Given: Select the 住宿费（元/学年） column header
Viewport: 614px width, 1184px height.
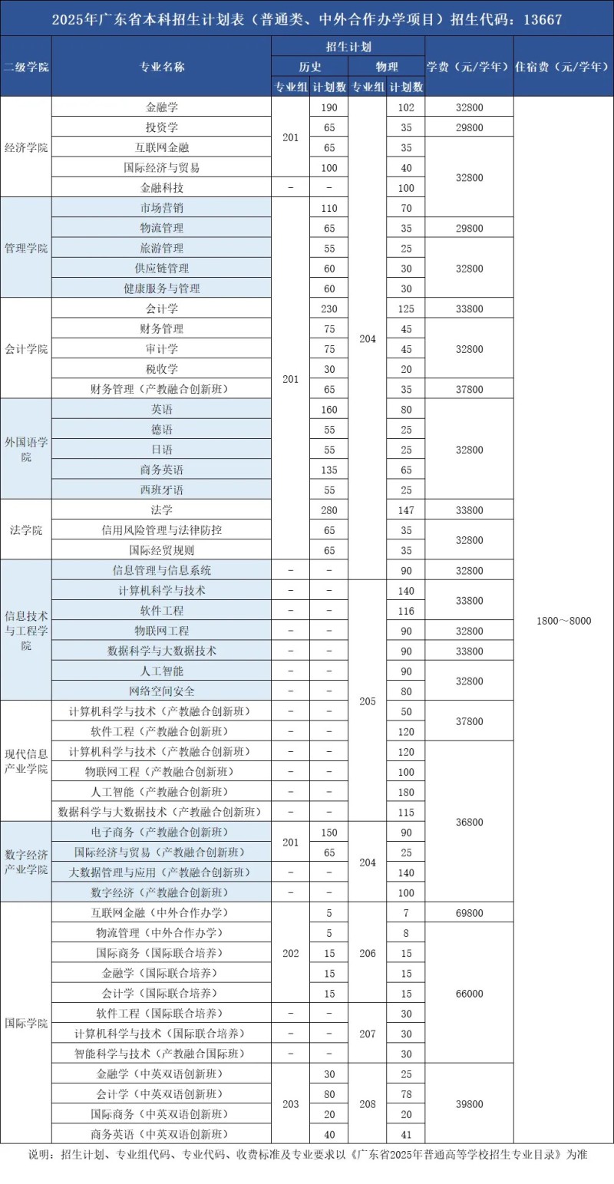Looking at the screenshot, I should click(x=563, y=66).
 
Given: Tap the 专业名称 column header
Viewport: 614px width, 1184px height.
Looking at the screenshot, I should click(x=162, y=66).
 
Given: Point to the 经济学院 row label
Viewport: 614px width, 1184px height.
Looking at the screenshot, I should click(x=26, y=147).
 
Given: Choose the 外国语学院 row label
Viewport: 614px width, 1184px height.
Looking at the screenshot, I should click(x=26, y=449).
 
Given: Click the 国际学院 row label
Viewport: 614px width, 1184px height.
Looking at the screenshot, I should click(x=26, y=1023).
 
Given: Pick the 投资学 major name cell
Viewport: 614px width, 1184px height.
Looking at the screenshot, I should click(x=162, y=127).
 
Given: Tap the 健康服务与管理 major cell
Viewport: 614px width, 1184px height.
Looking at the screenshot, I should click(x=162, y=289).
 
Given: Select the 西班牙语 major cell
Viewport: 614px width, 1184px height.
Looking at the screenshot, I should click(x=162, y=490).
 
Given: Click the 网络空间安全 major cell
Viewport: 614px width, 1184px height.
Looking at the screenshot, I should click(x=162, y=691).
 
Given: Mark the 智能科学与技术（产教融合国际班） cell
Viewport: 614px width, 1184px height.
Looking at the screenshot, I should click(x=162, y=1053).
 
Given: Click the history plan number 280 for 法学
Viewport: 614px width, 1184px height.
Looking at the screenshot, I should click(x=329, y=510).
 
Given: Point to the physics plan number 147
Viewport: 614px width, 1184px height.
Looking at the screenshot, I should click(x=406, y=510).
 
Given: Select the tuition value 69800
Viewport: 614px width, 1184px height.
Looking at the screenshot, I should click(x=469, y=913).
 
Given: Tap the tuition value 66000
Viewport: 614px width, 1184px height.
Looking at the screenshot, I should click(x=469, y=993).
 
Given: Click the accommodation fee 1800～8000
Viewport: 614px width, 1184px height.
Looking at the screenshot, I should click(x=563, y=620).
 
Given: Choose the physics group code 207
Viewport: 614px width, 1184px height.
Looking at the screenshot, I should click(x=368, y=1034).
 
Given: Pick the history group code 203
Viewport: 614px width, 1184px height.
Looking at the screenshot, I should click(x=291, y=1103).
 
